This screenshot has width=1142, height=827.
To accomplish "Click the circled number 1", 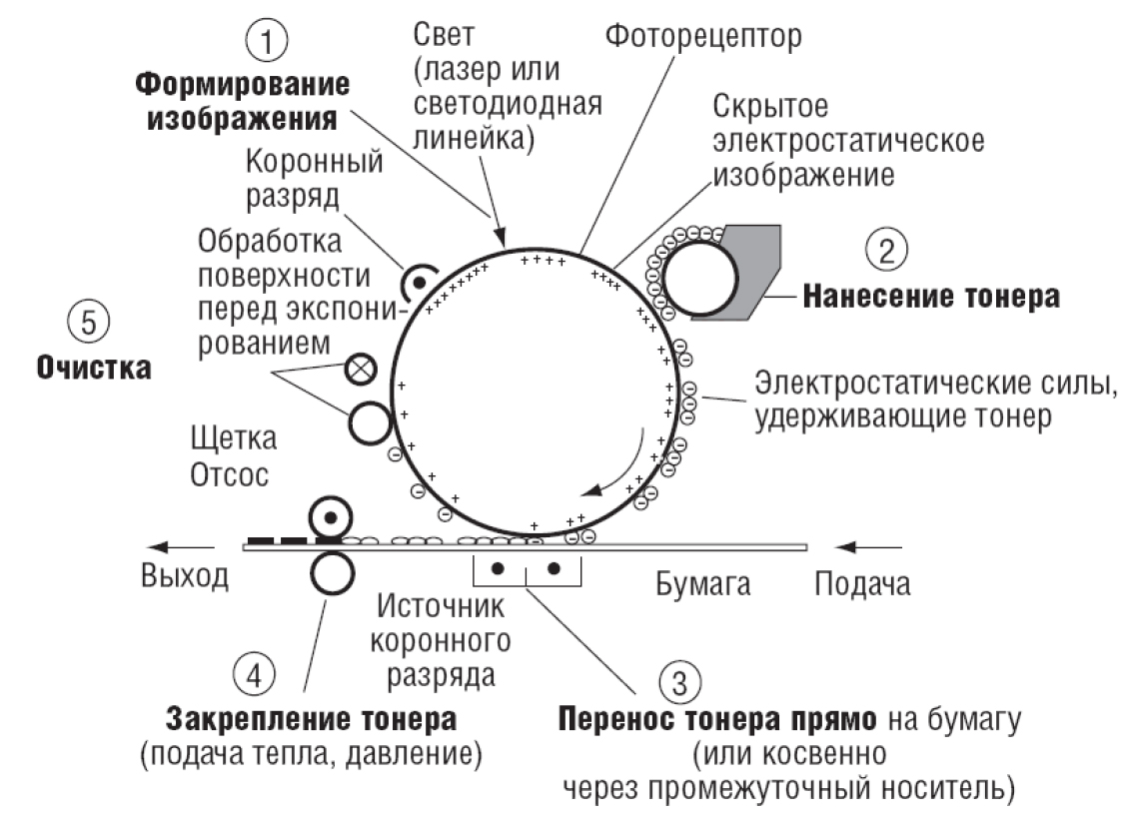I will click(266, 41).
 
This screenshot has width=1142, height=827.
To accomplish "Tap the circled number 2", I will click(886, 249).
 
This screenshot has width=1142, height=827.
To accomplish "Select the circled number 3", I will click(679, 682).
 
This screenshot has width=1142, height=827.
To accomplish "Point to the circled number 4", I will click(255, 671).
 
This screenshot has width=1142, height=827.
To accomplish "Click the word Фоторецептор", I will click(703, 38).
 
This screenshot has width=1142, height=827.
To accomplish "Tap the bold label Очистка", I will click(94, 367).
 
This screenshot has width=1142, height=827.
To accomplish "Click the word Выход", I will click(185, 576).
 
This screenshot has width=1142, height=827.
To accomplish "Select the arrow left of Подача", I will click(868, 546).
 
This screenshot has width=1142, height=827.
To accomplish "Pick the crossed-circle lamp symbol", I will click(359, 370).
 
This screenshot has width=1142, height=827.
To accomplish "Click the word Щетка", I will click(232, 439).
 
